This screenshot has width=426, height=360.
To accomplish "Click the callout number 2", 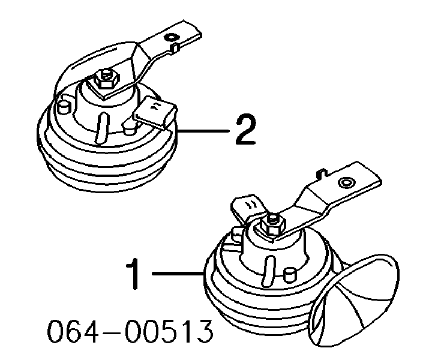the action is [x=245, y=129].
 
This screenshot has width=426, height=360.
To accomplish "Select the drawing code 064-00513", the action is [x=130, y=331].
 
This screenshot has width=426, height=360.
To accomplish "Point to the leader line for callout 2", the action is [x=203, y=131].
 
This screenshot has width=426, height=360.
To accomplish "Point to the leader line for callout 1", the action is [x=178, y=273].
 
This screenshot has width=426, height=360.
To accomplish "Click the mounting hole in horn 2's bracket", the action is [x=171, y=37].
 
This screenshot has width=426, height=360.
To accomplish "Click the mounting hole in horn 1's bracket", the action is [x=346, y=182].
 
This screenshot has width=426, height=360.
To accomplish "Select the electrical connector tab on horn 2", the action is [x=155, y=112].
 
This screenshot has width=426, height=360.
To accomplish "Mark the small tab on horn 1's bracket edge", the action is [x=322, y=173].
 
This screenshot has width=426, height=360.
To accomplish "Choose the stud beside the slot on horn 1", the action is [x=290, y=275].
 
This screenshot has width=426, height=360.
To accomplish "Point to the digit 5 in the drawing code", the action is [x=168, y=331].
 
